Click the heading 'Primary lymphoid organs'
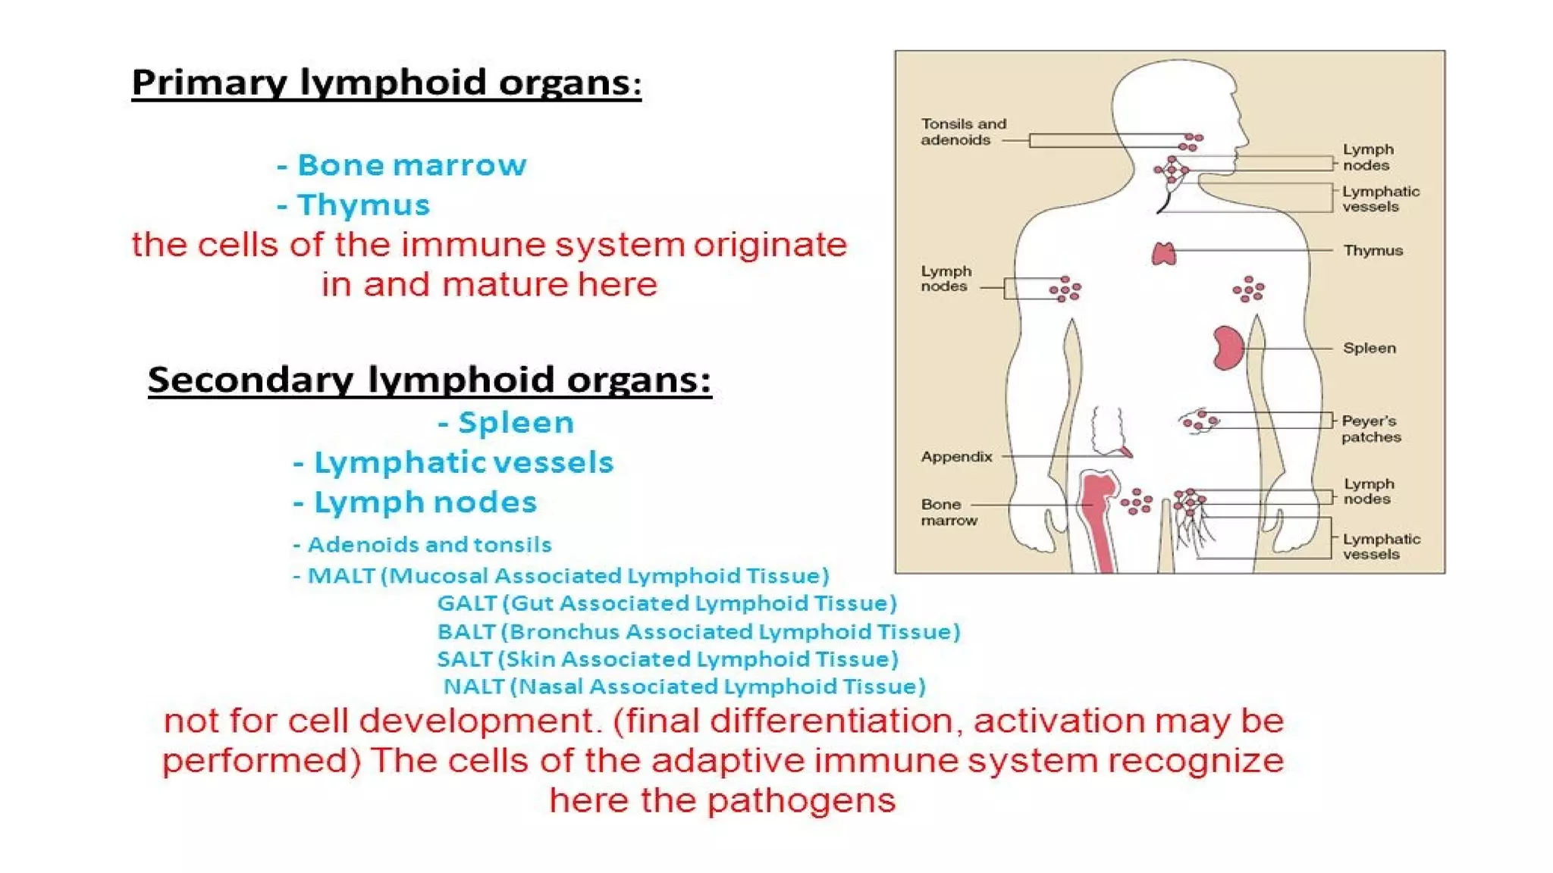(x=386, y=83)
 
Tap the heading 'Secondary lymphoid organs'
(x=429, y=380)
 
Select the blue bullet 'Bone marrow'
(x=411, y=165)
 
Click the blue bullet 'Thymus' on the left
(x=362, y=205)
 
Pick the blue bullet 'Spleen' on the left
(x=516, y=423)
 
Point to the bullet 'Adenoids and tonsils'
(x=429, y=545)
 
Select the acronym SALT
(x=464, y=659)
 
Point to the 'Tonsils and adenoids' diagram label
(x=963, y=132)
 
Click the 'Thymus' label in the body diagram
(x=1373, y=251)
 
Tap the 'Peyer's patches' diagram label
(x=1370, y=429)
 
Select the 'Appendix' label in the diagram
(x=956, y=457)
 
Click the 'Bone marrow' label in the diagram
(x=949, y=512)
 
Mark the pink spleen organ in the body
(x=1227, y=349)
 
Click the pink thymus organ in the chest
(x=1164, y=254)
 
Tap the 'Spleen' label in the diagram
(x=1369, y=349)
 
